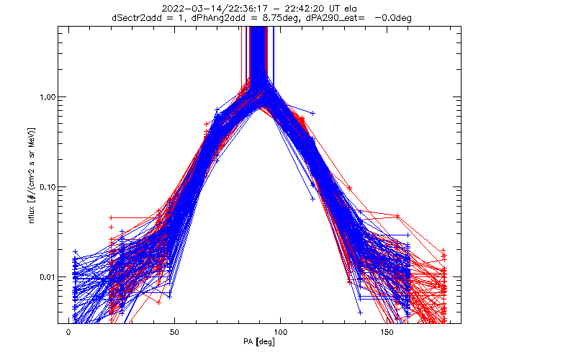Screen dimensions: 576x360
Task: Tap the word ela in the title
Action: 351,9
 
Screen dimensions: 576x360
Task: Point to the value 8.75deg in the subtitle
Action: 279,18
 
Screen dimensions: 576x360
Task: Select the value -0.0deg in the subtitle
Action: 393,18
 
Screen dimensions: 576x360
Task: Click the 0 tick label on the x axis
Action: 68,332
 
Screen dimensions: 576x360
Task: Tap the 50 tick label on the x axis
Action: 174,332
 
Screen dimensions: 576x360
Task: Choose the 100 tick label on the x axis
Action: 280,332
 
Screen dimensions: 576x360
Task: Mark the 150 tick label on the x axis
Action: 387,332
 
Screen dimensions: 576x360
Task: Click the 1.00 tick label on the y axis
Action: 47,97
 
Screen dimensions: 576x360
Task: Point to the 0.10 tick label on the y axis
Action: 47,187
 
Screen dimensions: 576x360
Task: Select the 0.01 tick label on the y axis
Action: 47,277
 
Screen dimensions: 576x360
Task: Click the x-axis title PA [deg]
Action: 259,342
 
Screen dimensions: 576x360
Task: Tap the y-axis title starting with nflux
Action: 32,176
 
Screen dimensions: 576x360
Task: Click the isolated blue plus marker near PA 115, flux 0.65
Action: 312,113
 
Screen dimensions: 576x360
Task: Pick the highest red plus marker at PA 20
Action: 111,218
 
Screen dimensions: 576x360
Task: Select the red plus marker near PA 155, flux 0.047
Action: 397,216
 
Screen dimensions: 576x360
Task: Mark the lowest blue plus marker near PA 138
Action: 360,313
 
